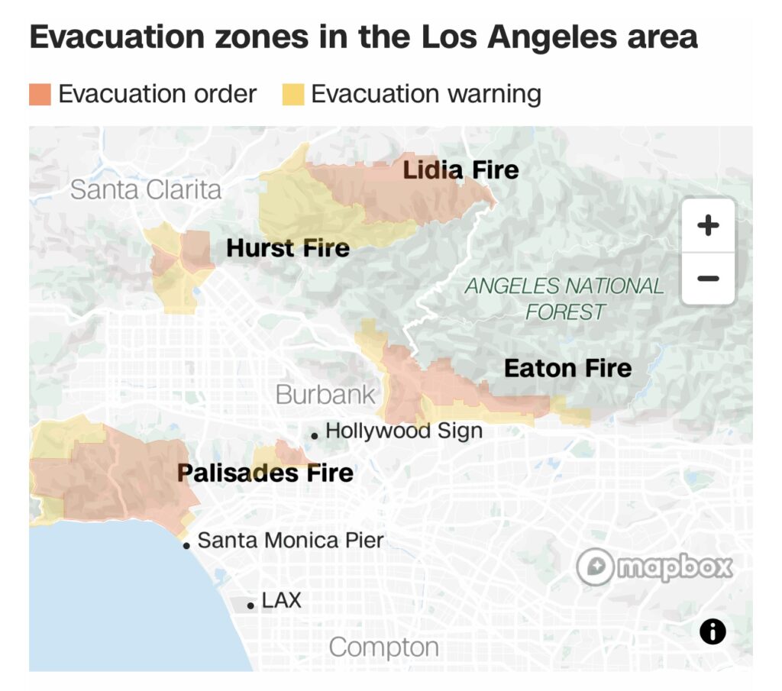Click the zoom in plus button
708,225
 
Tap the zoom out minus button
708,278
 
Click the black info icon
713,631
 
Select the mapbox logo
654,568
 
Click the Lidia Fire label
460,170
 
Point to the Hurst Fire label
288,247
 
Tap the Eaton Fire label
567,368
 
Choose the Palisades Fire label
265,473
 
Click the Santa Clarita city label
146,189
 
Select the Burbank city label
325,394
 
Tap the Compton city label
383,647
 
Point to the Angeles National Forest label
564,299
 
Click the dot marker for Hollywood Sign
314,435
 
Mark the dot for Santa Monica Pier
186,545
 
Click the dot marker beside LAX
250,605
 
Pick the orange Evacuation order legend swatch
40,95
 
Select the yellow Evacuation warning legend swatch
292,95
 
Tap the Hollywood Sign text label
404,431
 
